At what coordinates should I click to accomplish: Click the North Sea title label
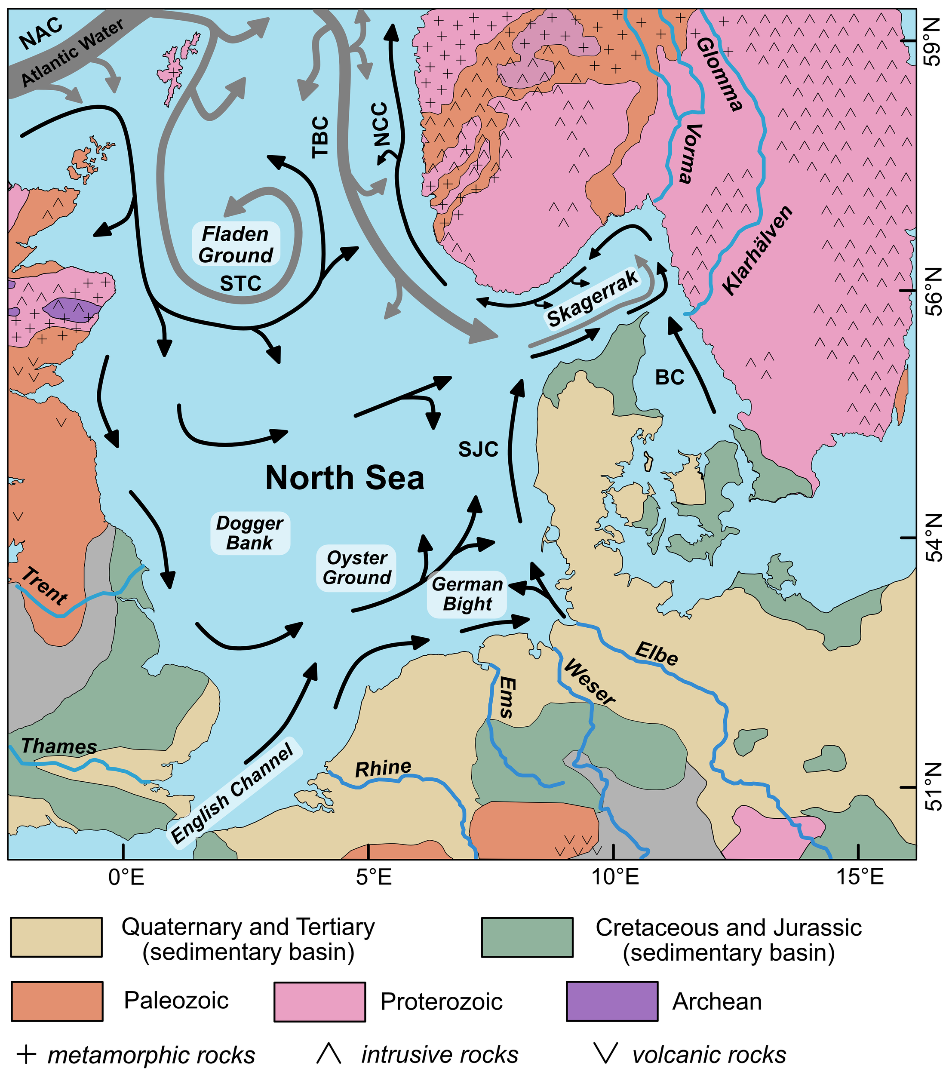(x=344, y=478)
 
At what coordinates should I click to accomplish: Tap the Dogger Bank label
(x=250, y=533)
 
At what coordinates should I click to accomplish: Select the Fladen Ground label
(x=236, y=245)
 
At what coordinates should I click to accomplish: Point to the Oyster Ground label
(x=356, y=568)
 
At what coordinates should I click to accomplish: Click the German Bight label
(x=467, y=594)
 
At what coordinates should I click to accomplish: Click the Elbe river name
(x=656, y=653)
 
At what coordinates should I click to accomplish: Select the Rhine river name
(x=383, y=768)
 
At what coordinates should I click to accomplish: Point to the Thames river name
(x=59, y=746)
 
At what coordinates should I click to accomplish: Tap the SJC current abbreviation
(x=478, y=450)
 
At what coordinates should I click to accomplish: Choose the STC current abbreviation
(x=240, y=284)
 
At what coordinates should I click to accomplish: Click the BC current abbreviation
(x=670, y=377)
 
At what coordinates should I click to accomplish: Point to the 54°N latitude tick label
(x=933, y=537)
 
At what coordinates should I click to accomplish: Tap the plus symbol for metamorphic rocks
(x=26, y=1054)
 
